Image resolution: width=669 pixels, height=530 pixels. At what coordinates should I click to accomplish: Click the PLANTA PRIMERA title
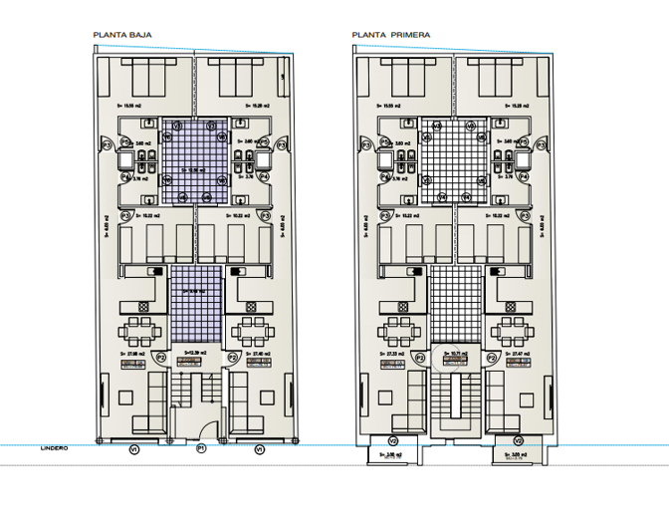[x=390, y=35]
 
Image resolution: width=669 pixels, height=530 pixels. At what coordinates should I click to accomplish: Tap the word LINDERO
[x=54, y=448]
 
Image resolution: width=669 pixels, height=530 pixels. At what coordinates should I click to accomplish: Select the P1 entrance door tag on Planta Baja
[x=200, y=449]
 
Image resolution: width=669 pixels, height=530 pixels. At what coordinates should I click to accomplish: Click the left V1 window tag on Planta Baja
[x=133, y=449]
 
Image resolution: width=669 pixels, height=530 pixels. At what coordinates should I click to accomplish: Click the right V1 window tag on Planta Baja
[x=260, y=449]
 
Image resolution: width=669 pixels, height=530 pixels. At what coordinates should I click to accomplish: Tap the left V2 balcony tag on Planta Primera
[x=392, y=441]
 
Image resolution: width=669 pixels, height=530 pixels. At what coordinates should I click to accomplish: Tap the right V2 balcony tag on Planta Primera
[x=518, y=441]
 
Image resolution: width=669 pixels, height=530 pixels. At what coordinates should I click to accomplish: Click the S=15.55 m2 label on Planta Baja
[x=131, y=104]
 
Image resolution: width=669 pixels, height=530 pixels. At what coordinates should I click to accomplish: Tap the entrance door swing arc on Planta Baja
[x=204, y=430]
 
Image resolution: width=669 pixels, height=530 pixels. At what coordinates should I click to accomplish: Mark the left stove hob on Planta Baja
[x=155, y=270]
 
